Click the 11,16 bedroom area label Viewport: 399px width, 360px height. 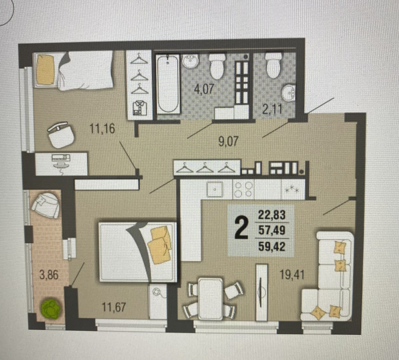click(102, 129)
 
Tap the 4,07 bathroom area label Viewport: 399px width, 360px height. click(204, 89)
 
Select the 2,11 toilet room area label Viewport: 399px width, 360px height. click(273, 109)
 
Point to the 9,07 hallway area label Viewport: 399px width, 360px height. click(228, 142)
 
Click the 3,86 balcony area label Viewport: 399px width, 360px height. click(49, 275)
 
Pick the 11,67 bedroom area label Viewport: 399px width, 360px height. click(114, 307)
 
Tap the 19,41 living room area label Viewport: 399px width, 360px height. click(292, 275)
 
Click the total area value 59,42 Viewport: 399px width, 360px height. click(272, 246)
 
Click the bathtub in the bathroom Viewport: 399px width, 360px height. click(168, 84)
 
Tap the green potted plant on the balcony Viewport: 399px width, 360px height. click(51, 309)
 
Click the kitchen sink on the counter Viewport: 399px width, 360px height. click(215, 189)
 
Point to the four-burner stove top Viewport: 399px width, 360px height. click(244, 189)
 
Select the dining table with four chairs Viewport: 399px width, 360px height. click(210, 298)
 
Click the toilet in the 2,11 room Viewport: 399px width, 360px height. click(274, 65)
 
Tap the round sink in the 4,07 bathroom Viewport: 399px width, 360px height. click(190, 61)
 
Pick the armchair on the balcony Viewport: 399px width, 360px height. click(46, 205)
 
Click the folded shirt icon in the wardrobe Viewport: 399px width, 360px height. click(139, 108)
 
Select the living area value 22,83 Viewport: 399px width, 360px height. click(272, 214)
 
